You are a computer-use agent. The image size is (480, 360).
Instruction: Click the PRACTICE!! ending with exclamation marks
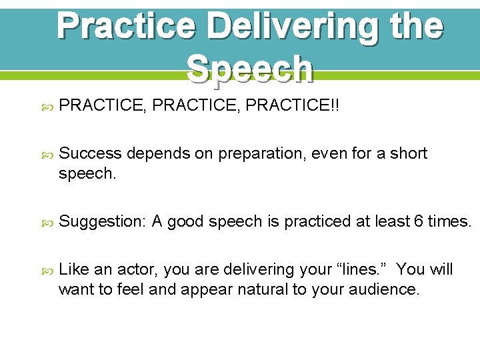click(293, 107)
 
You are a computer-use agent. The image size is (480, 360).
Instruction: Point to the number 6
click(419, 221)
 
